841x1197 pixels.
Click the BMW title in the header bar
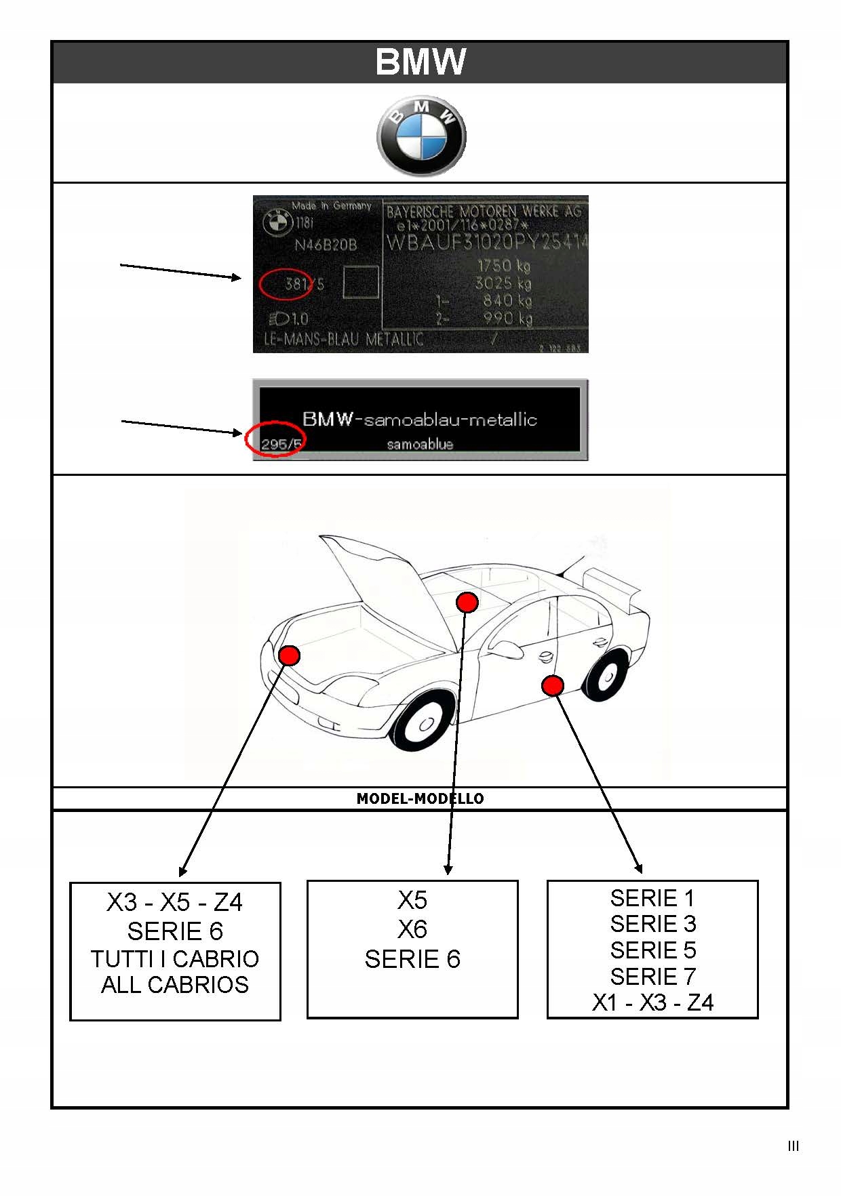point(420,62)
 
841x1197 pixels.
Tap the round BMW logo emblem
point(421,136)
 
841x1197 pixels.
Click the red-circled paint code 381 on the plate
point(296,284)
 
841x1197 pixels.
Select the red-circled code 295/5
point(281,444)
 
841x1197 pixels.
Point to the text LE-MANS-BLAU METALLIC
point(343,338)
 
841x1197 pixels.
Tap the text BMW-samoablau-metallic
point(420,420)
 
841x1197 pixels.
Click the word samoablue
point(420,444)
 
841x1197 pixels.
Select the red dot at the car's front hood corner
point(290,655)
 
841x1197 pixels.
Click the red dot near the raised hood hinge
point(467,602)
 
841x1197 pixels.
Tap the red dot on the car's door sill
point(553,685)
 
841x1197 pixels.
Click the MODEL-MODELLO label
point(420,798)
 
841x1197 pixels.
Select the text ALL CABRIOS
point(175,985)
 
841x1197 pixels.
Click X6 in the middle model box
point(412,929)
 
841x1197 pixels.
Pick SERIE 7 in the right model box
point(652,977)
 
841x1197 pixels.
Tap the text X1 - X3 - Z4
point(652,1002)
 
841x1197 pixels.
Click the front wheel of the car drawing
point(425,723)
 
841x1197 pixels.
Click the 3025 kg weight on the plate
point(503,283)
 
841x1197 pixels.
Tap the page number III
point(794,1146)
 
